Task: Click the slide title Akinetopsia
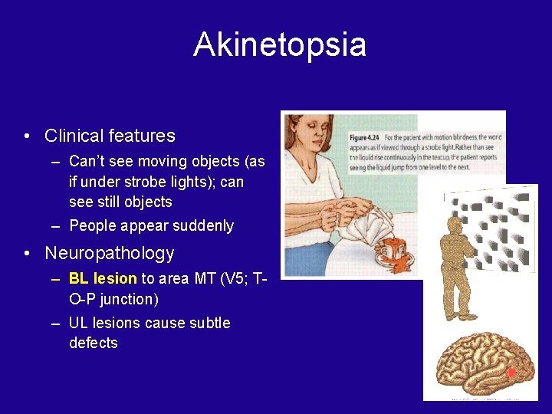[x=280, y=44]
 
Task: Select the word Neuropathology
[x=110, y=253]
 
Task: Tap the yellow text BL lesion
[x=103, y=278]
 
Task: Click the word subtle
[x=206, y=323]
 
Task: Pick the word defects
[x=94, y=343]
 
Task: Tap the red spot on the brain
[x=511, y=373]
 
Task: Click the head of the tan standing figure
[x=458, y=226]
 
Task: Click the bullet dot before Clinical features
[x=27, y=136]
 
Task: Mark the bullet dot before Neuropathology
[x=27, y=254]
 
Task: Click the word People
[x=90, y=226]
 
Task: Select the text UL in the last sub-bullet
[x=79, y=323]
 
